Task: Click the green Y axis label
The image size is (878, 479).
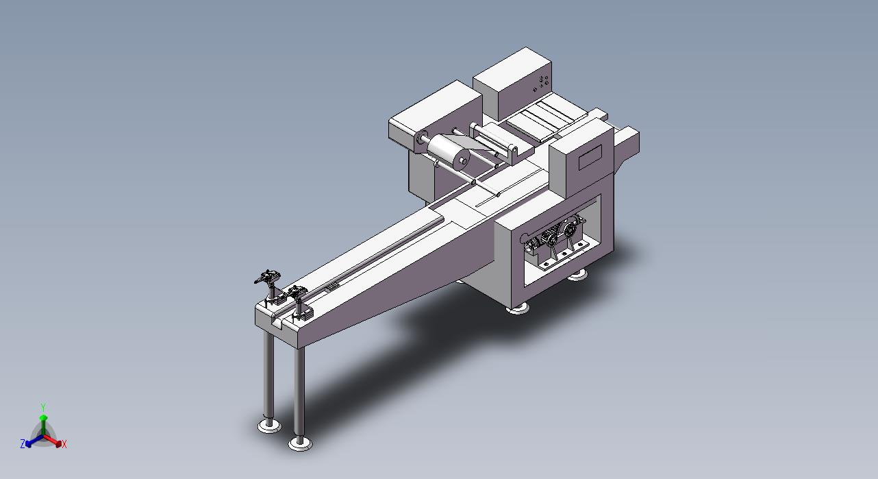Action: (43, 408)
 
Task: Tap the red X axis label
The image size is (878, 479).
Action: (64, 444)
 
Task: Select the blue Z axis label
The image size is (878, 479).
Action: (23, 443)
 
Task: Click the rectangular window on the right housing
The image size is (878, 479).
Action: (590, 157)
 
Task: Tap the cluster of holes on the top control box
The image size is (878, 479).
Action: (541, 83)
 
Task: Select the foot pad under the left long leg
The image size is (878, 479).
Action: (269, 426)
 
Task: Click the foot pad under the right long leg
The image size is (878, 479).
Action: (300, 443)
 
